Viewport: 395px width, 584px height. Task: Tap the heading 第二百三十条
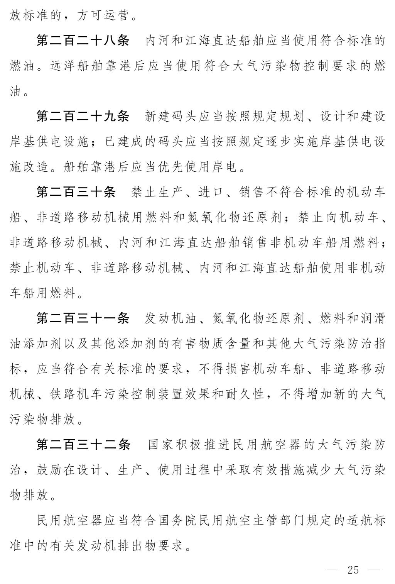[76, 192]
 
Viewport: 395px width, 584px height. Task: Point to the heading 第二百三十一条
[83, 318]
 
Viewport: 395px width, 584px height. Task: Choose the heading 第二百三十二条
[83, 445]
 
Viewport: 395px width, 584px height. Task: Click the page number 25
[353, 570]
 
